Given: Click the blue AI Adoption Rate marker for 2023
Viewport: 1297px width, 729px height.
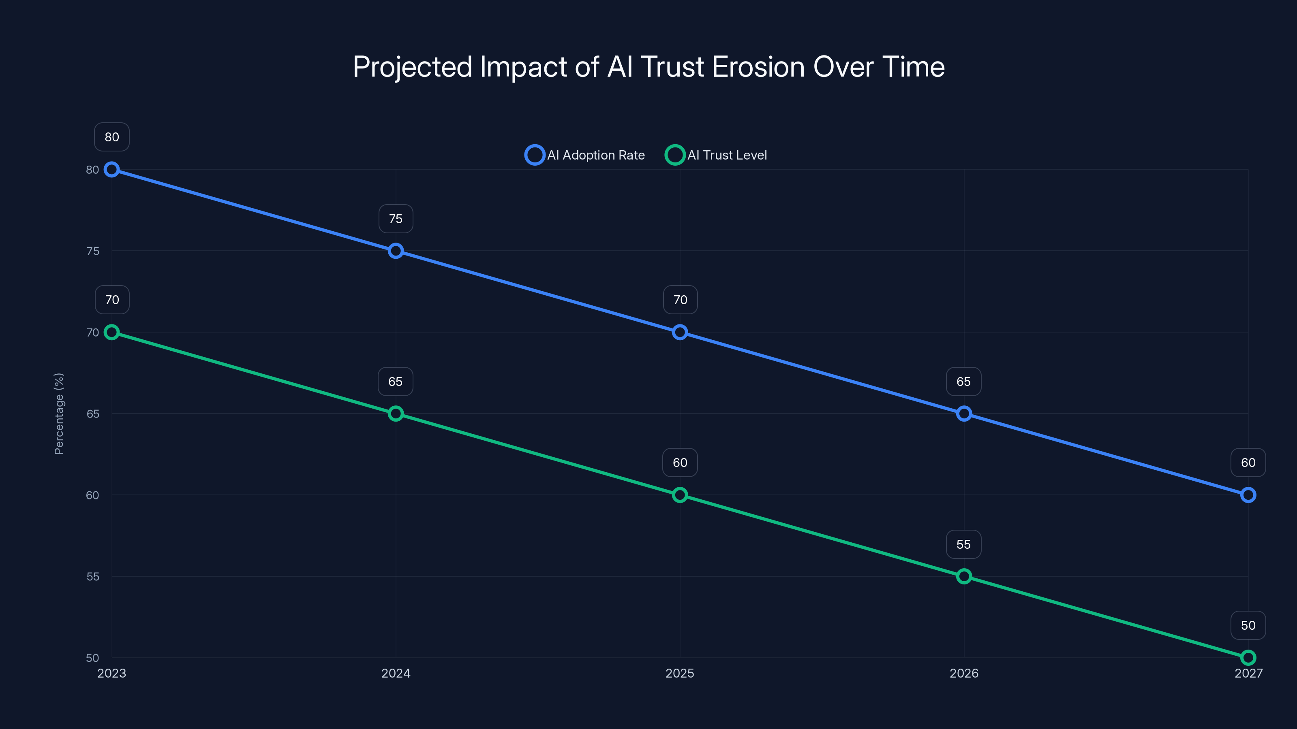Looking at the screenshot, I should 112,170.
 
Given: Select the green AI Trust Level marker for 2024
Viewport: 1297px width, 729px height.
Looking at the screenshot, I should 396,414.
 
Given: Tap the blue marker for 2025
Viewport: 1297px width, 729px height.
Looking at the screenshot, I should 680,332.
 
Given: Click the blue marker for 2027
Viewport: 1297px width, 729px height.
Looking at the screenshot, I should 1248,495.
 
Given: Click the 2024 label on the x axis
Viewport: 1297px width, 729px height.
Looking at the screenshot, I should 396,673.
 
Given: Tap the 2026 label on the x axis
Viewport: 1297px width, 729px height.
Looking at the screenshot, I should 964,673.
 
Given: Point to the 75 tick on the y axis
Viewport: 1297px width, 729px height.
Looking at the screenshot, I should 93,251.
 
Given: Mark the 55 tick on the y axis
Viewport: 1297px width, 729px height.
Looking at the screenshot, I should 93,577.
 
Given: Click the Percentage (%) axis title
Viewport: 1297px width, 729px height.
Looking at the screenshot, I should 59,414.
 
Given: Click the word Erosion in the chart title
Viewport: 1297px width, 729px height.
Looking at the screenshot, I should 758,67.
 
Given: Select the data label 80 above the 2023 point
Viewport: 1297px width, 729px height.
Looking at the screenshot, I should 112,137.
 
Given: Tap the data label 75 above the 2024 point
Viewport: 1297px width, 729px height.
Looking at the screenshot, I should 396,219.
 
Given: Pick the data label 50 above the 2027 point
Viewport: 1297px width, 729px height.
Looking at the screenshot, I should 1248,625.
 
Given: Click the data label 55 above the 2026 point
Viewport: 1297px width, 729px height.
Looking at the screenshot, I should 964,544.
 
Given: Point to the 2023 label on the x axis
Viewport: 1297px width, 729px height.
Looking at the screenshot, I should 112,673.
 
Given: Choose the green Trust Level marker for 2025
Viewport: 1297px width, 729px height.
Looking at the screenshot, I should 680,495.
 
